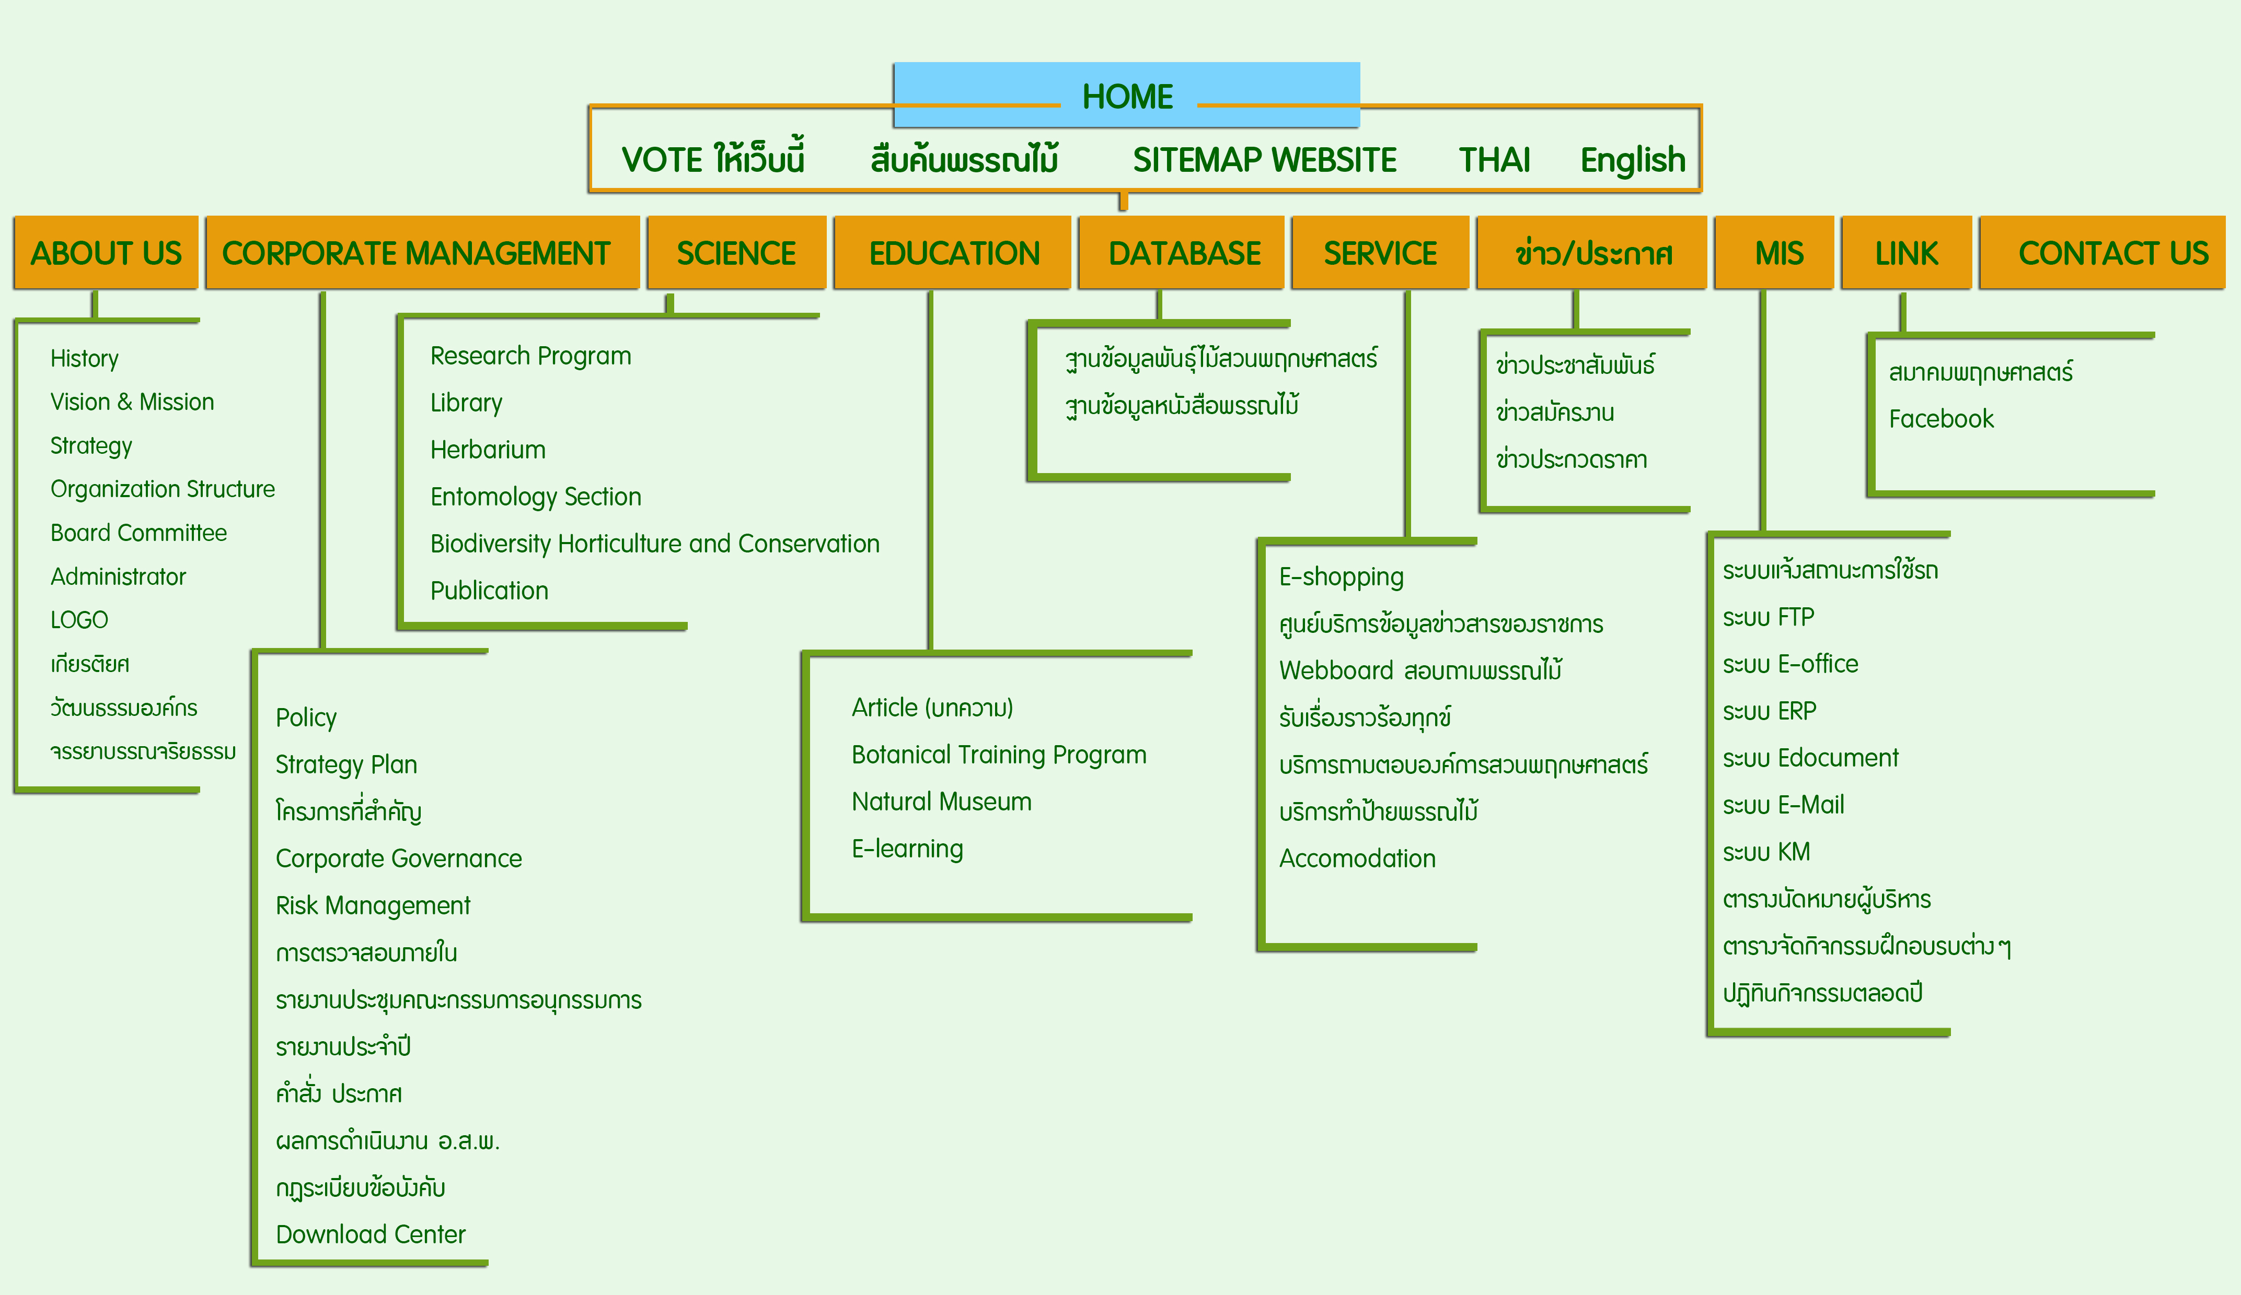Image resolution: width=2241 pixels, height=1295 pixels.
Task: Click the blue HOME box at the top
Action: [x=1127, y=95]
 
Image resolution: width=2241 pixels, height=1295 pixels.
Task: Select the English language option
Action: [x=1633, y=160]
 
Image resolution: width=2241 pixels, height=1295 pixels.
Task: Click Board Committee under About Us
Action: [x=138, y=533]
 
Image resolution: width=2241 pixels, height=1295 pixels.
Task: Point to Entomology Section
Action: [x=535, y=497]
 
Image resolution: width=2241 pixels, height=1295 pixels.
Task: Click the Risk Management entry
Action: [x=373, y=905]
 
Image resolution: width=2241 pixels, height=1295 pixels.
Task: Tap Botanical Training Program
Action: [x=999, y=755]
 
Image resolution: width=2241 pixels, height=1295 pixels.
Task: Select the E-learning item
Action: [x=907, y=849]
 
